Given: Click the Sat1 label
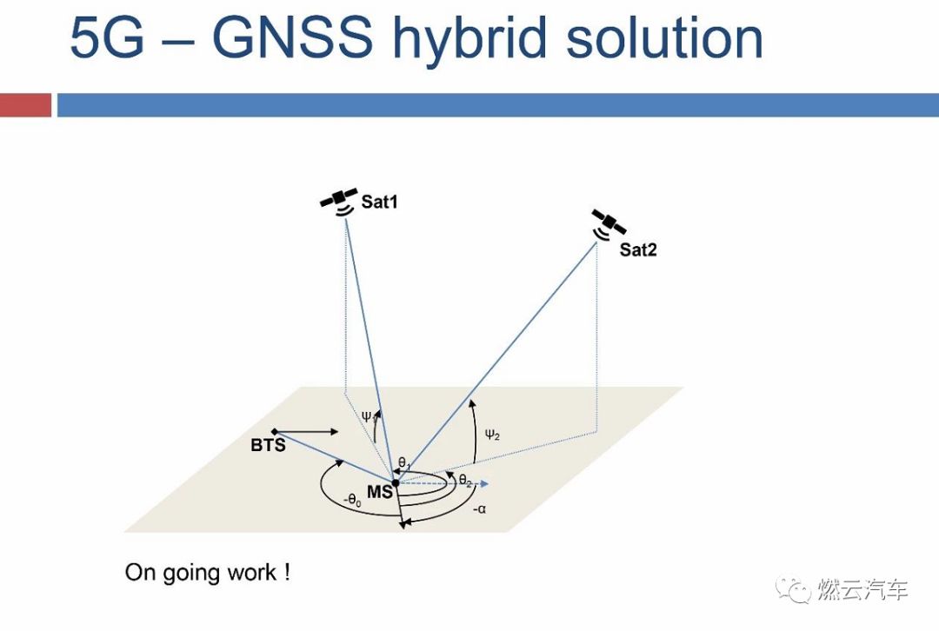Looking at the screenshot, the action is pos(380,203).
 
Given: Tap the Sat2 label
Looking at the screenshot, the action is pos(638,250).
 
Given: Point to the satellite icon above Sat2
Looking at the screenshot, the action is pos(609,223).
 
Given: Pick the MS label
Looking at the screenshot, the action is pos(378,493).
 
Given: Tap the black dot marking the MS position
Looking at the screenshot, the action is pos(395,482).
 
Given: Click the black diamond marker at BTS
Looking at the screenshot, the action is pos(275,432).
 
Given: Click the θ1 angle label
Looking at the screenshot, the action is pos(404,463).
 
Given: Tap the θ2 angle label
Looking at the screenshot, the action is pos(465,481).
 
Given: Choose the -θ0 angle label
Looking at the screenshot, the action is pos(351,500).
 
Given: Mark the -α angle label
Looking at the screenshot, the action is pos(479,509).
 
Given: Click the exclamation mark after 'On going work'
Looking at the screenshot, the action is pos(286,573).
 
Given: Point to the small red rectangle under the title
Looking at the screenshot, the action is pos(25,105).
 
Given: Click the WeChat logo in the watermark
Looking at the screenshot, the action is pos(795,590).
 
